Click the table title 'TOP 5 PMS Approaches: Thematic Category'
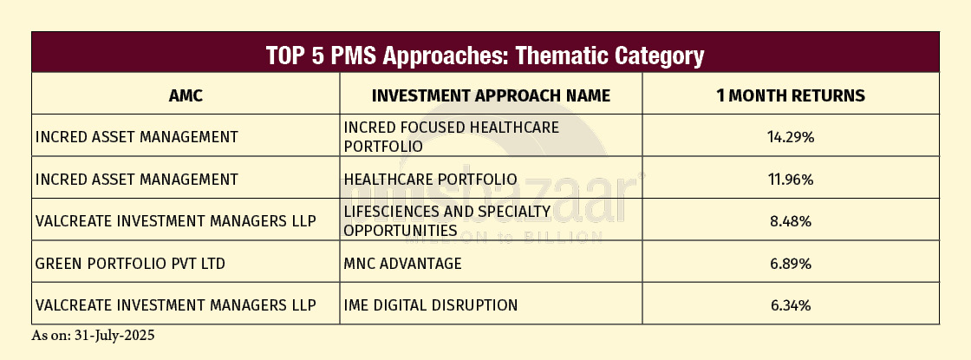click(x=485, y=56)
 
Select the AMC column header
click(x=186, y=95)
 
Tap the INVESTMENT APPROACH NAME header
click(x=491, y=95)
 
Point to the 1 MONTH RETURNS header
click(x=791, y=95)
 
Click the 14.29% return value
click(x=791, y=138)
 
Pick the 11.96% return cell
click(x=791, y=180)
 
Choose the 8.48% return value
click(x=791, y=221)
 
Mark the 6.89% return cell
click(x=791, y=264)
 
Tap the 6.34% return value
click(x=791, y=305)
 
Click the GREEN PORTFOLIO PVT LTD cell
click(x=130, y=264)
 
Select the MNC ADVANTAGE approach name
click(x=402, y=264)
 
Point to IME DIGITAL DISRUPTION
click(x=430, y=305)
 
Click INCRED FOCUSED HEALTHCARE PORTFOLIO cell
click(x=452, y=137)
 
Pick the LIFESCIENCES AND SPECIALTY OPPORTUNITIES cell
click(x=447, y=221)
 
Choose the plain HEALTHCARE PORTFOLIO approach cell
click(x=430, y=180)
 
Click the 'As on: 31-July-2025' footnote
click(x=93, y=336)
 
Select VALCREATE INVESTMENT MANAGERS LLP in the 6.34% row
click(x=176, y=305)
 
